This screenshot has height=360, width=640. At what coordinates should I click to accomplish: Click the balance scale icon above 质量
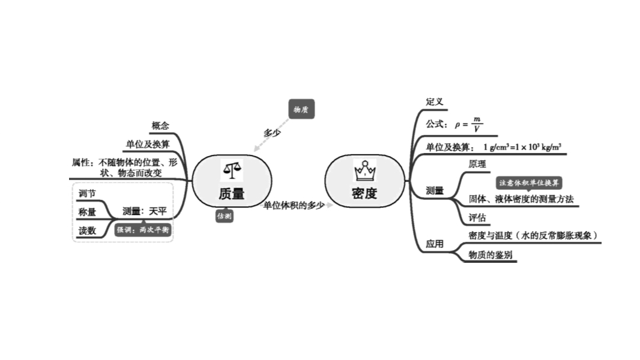[232, 170]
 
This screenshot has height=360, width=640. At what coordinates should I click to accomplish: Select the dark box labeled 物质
[301, 109]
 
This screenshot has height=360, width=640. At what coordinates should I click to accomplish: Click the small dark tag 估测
[225, 216]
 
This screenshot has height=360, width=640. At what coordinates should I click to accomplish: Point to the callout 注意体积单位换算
[529, 183]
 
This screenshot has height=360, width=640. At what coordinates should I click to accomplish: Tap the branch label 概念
[160, 126]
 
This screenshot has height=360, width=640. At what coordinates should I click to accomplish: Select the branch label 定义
[435, 102]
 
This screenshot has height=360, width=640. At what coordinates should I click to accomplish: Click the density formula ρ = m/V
[468, 125]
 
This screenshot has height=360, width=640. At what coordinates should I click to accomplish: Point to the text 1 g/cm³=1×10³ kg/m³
[522, 147]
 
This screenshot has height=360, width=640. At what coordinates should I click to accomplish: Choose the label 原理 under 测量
[477, 164]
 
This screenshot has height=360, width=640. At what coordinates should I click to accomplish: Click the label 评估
[477, 217]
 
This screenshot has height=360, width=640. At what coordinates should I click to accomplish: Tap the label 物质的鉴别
[491, 254]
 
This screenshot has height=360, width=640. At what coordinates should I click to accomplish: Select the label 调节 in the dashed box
[87, 193]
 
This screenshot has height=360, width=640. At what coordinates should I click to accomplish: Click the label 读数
[87, 230]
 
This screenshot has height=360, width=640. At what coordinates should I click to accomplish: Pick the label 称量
[87, 212]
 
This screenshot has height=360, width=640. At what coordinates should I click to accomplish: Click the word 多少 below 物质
[272, 133]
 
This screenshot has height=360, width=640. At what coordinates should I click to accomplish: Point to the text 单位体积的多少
[294, 205]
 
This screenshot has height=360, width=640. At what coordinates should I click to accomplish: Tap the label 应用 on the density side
[435, 244]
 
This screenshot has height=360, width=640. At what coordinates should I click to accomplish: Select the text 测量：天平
[144, 211]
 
